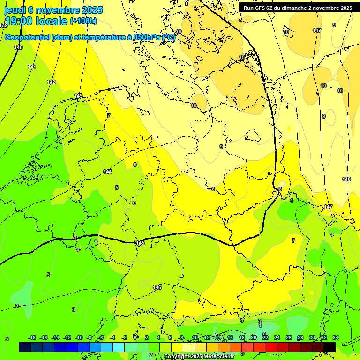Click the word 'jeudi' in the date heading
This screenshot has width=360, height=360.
tap(14, 10)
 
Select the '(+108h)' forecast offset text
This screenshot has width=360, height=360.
tap(83, 21)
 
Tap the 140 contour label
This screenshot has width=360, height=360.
tap(18, 47)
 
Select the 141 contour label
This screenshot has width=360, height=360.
tap(32, 67)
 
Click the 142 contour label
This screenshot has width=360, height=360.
tap(51, 82)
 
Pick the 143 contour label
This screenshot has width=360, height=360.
tap(78, 96)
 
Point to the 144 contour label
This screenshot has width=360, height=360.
tap(107, 172)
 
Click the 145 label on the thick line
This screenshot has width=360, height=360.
tap(140, 243)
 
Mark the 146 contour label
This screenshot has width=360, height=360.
tap(157, 287)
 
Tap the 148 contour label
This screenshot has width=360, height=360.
tap(346, 179)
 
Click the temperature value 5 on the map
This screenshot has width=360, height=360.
tap(117, 187)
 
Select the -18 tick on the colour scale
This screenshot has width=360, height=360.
tap(32, 337)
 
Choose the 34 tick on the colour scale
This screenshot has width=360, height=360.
tap(336, 337)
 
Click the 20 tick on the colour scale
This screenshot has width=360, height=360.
tap(254, 337)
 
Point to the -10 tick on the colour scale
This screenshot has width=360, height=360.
tap(79, 337)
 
